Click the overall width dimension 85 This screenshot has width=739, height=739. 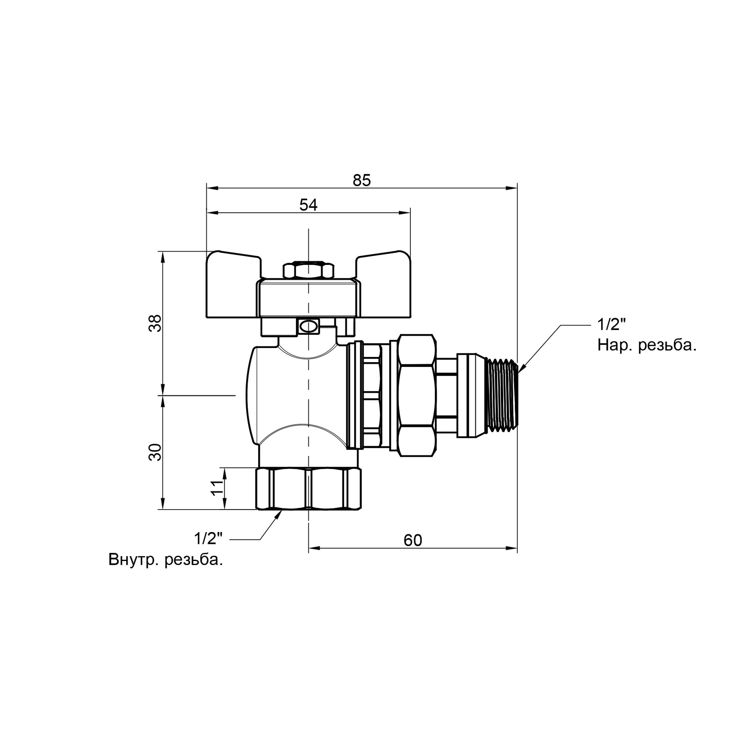pos(361,180)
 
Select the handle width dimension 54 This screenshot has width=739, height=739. pos(308,205)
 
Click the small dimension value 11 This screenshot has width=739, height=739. pos(217,488)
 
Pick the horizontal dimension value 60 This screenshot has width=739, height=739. pos(413,541)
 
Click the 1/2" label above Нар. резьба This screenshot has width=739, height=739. pos(611,325)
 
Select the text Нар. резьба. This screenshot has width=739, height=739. pos(646,346)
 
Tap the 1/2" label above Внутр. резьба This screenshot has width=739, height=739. pos(208,539)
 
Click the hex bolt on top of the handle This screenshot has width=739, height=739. pos(308,270)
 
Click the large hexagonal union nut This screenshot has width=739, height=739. pos(416,395)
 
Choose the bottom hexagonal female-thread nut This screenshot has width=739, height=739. pos(308,489)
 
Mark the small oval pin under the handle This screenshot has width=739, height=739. pos(308,326)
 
